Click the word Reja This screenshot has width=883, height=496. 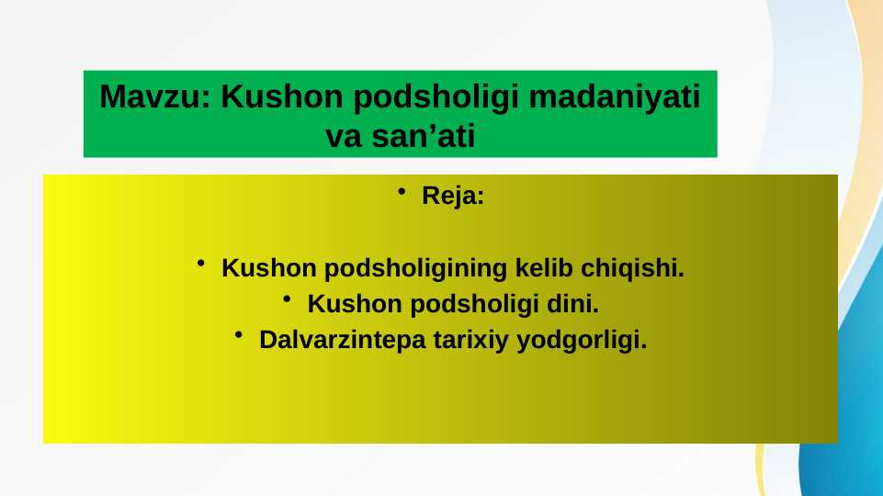click(x=452, y=197)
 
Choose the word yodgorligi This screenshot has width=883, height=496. click(x=582, y=340)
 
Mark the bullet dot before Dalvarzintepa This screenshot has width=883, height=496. click(x=240, y=335)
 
